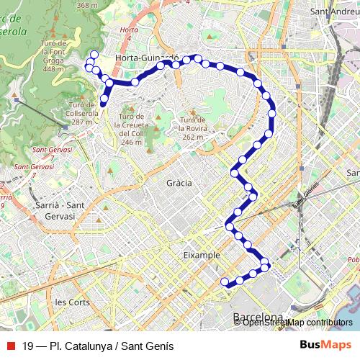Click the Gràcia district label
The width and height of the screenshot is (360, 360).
(179, 183)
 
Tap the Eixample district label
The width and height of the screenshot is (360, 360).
(201, 255)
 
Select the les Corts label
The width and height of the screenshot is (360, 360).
(73, 302)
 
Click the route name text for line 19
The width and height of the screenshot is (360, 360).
(98, 346)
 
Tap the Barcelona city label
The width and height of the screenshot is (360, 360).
(258, 318)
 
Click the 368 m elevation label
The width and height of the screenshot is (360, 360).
(86, 5)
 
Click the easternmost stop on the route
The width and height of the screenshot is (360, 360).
(272, 113)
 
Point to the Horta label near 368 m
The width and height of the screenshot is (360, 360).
(130, 30)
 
